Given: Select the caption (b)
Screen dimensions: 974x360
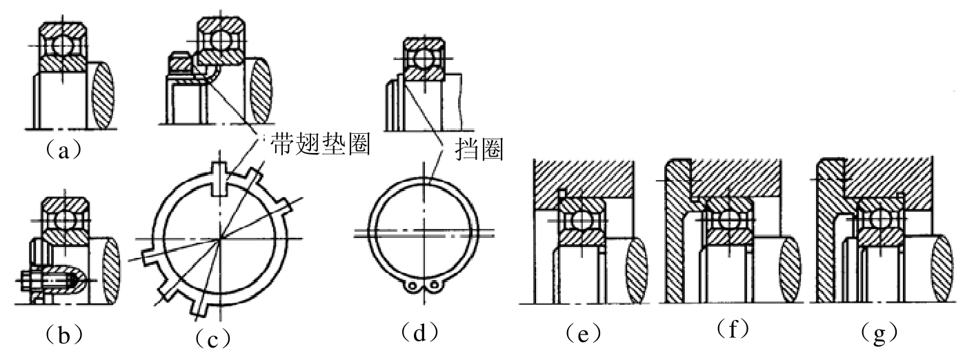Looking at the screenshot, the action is (x=63, y=334).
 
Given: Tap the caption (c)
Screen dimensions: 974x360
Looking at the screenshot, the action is (x=212, y=338).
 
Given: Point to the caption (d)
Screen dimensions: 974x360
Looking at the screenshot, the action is (x=419, y=333).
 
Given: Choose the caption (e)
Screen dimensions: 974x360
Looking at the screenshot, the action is (x=583, y=333).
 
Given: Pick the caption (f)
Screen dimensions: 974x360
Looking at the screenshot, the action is (x=733, y=328).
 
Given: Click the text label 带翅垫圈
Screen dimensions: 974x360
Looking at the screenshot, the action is (x=321, y=144).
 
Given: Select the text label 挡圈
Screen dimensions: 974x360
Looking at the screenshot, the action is (x=479, y=149).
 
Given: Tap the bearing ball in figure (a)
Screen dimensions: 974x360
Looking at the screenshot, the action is (x=62, y=46).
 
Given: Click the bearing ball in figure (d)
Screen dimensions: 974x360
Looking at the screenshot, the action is (x=423, y=59).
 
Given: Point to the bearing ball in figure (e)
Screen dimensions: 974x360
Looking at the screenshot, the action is (x=581, y=220).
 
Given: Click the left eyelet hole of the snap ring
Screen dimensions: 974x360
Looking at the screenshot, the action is (x=410, y=286).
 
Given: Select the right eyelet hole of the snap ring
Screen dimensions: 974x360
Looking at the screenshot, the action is (x=435, y=286).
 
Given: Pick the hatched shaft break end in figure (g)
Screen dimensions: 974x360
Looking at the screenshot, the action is (x=942, y=269).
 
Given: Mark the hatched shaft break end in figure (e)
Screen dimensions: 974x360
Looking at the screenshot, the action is (x=636, y=270).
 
